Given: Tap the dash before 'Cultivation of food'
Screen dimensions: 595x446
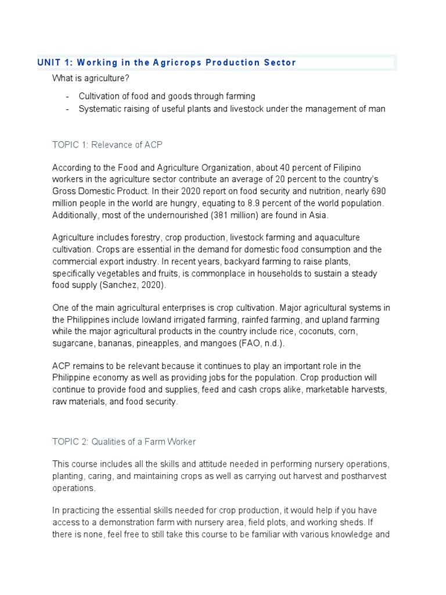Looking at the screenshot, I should point(68,96).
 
